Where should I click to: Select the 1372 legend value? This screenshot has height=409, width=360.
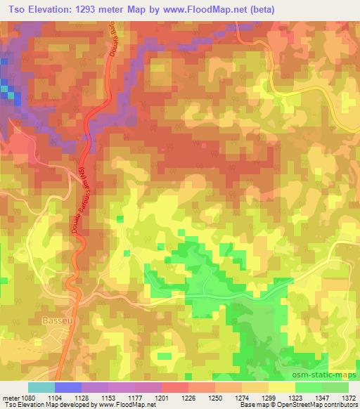(348, 398)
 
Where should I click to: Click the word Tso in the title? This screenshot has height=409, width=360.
(18, 10)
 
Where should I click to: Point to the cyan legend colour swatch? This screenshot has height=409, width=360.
(41, 387)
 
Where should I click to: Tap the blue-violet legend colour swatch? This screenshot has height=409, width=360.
(68, 387)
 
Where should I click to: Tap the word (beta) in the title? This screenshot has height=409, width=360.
(257, 10)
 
